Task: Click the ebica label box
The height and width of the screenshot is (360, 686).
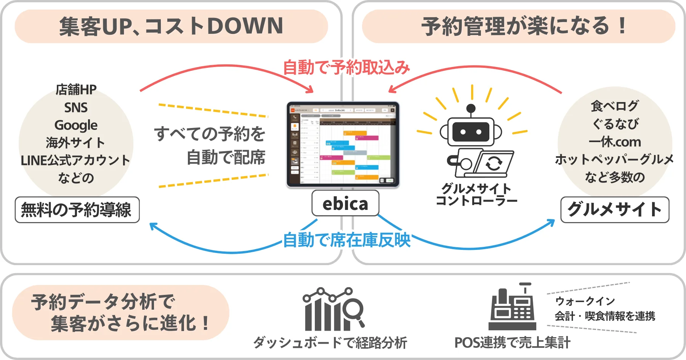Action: (x=345, y=203)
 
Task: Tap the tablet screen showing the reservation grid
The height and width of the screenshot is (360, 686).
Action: (x=343, y=144)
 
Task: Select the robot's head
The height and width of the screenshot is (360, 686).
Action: (x=471, y=131)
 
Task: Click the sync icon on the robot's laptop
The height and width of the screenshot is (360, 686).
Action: (x=494, y=163)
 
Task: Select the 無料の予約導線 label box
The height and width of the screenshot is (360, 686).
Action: (x=77, y=210)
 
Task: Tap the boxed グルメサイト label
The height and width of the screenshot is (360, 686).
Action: (x=615, y=210)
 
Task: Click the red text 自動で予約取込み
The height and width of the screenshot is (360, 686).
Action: (x=346, y=67)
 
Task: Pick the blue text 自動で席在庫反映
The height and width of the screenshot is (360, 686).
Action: (x=346, y=240)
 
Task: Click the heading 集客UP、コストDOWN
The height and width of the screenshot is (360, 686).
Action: (x=171, y=26)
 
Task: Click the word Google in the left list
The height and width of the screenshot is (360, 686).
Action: (x=76, y=125)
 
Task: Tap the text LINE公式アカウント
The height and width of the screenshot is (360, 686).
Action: (x=75, y=160)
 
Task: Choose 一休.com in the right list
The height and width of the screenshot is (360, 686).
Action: (x=615, y=142)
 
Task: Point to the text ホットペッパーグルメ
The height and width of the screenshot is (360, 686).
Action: (x=614, y=159)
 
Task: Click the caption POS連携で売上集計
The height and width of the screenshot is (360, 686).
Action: (x=512, y=342)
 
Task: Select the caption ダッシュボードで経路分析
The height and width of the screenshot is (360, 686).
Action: (x=330, y=342)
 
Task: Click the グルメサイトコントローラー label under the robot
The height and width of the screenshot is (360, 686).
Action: (x=476, y=194)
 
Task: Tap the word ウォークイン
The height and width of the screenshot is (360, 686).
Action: (x=585, y=301)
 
